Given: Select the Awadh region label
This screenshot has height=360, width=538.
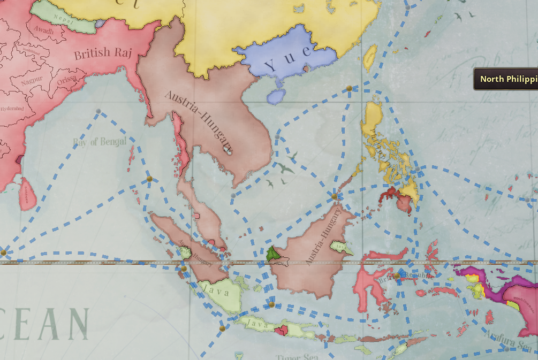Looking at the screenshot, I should [44, 31].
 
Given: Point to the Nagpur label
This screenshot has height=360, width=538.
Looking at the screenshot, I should [32, 82].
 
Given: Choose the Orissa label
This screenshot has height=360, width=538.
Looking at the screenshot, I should [66, 80].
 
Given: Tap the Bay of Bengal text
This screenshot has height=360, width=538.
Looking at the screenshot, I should [100, 142].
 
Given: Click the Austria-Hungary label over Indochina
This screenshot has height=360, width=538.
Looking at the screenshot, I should [199, 120].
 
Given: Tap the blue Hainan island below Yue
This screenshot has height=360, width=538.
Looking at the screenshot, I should [276, 96].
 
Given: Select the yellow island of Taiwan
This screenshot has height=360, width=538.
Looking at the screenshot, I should [370, 58].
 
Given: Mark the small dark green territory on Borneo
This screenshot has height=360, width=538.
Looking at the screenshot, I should [272, 254].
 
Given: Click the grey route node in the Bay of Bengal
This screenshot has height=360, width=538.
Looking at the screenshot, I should [98, 111].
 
